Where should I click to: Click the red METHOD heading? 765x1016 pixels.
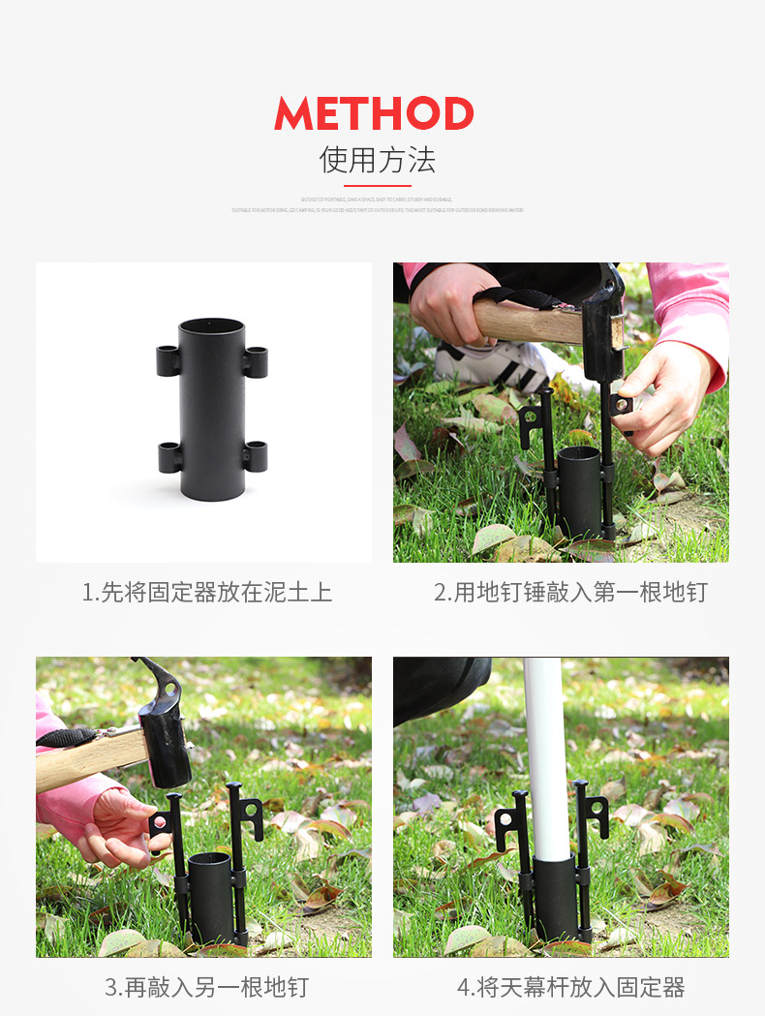[x=374, y=113]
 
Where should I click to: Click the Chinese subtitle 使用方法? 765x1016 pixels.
[x=377, y=159]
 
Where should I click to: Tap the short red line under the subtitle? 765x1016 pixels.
[x=377, y=185]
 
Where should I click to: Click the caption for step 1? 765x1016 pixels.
[x=206, y=593]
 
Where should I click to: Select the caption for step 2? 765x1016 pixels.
[x=570, y=593]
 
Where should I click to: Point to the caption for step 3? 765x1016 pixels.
[x=206, y=987]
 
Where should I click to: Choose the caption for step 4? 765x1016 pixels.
[x=570, y=987]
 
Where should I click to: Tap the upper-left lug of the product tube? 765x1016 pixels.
[x=168, y=361]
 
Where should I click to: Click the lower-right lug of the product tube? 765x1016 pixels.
[x=256, y=455]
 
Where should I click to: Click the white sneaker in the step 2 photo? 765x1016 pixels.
[x=489, y=365]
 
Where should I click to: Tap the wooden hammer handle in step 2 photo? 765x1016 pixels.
[x=528, y=321]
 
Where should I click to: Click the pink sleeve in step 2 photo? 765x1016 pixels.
[x=692, y=310]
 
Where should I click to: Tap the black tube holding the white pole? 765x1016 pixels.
[x=556, y=896]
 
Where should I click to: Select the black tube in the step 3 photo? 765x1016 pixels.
[x=210, y=896]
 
